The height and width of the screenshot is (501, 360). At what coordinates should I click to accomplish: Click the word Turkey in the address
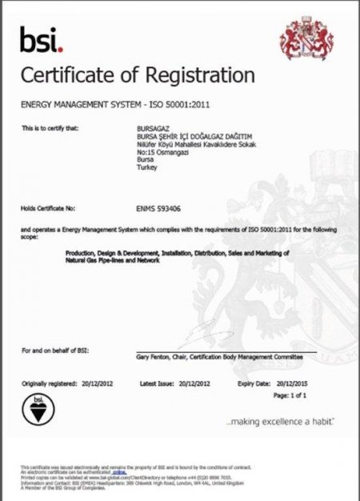pyautogui.click(x=148, y=166)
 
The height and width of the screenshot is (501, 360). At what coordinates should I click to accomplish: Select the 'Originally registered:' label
pyautogui.click(x=49, y=384)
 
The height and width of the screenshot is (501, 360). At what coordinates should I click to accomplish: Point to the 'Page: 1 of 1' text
pyautogui.click(x=291, y=395)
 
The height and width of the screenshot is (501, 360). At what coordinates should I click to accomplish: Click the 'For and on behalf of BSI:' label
pyautogui.click(x=52, y=351)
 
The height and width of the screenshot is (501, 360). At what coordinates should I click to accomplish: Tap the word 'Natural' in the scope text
pyautogui.click(x=76, y=262)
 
